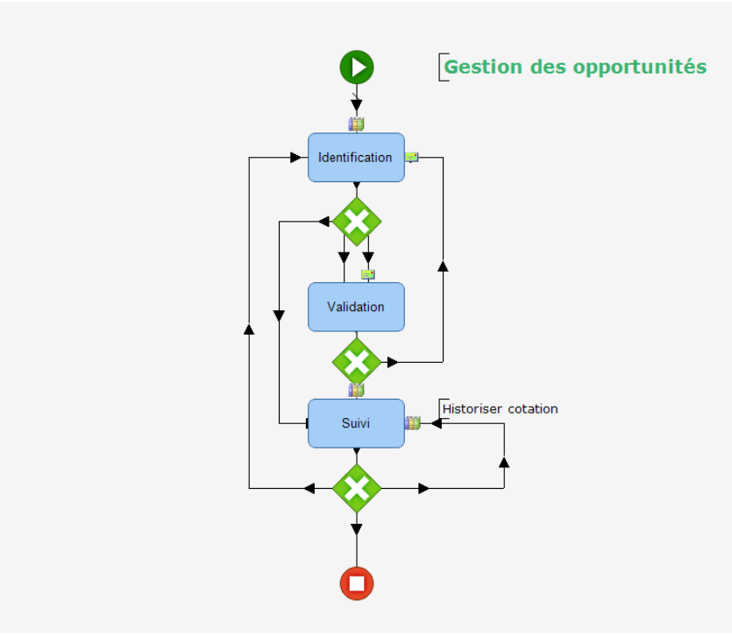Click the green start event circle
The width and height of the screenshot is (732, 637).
click(357, 67)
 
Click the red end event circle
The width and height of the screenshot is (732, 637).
click(357, 583)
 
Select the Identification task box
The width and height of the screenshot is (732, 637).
click(356, 158)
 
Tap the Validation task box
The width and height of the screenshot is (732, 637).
click(356, 307)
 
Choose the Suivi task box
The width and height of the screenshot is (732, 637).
click(356, 423)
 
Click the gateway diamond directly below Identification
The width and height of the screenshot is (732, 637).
click(357, 222)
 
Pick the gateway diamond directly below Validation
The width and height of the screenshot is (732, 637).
click(357, 361)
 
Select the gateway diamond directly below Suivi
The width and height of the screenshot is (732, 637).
click(357, 488)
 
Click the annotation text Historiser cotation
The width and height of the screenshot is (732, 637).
click(500, 409)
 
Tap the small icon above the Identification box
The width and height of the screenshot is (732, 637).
click(356, 124)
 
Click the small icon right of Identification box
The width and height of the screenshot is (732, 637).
click(411, 157)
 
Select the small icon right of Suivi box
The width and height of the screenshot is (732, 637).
click(413, 423)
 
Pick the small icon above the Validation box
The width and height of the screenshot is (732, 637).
click(368, 274)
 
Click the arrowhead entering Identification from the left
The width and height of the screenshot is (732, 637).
click(296, 158)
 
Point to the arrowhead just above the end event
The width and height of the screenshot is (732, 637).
click(357, 528)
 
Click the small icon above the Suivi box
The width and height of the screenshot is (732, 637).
click(356, 390)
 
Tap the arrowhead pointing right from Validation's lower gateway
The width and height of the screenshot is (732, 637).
click(392, 361)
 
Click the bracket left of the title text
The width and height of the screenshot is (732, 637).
click(441, 67)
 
